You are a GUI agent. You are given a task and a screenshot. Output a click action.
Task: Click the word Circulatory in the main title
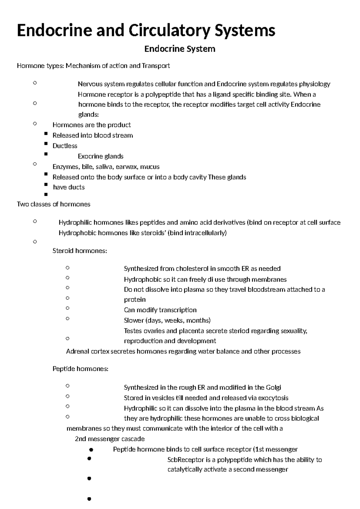(x=168, y=31)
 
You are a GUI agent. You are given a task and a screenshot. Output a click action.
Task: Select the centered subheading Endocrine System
(x=180, y=49)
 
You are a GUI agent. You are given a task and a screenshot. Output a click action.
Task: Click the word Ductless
(x=65, y=146)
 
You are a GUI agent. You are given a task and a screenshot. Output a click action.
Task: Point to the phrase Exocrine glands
(x=100, y=156)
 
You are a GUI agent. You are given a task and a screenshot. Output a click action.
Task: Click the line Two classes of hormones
(x=54, y=204)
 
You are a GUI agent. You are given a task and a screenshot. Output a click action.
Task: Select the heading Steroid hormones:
(x=79, y=251)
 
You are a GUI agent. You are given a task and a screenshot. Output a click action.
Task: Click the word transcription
(x=178, y=310)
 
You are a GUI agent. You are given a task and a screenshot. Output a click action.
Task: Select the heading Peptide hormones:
(x=80, y=369)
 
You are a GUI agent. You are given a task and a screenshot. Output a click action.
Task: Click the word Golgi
(x=273, y=387)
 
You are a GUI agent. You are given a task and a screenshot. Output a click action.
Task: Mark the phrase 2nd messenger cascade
(x=109, y=439)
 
